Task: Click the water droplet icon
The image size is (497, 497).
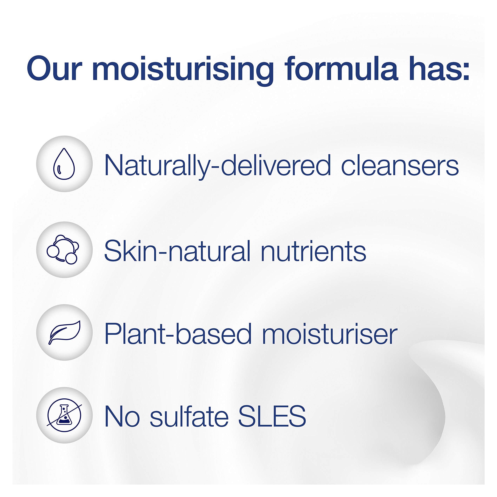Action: point(64,164)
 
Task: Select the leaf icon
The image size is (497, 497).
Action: point(65,332)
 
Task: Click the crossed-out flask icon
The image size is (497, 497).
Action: point(64,415)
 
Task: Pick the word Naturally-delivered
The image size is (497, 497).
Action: point(217,166)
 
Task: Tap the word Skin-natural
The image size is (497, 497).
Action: point(177,251)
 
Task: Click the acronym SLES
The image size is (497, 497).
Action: point(272,416)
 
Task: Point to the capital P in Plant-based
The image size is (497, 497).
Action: point(113,333)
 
